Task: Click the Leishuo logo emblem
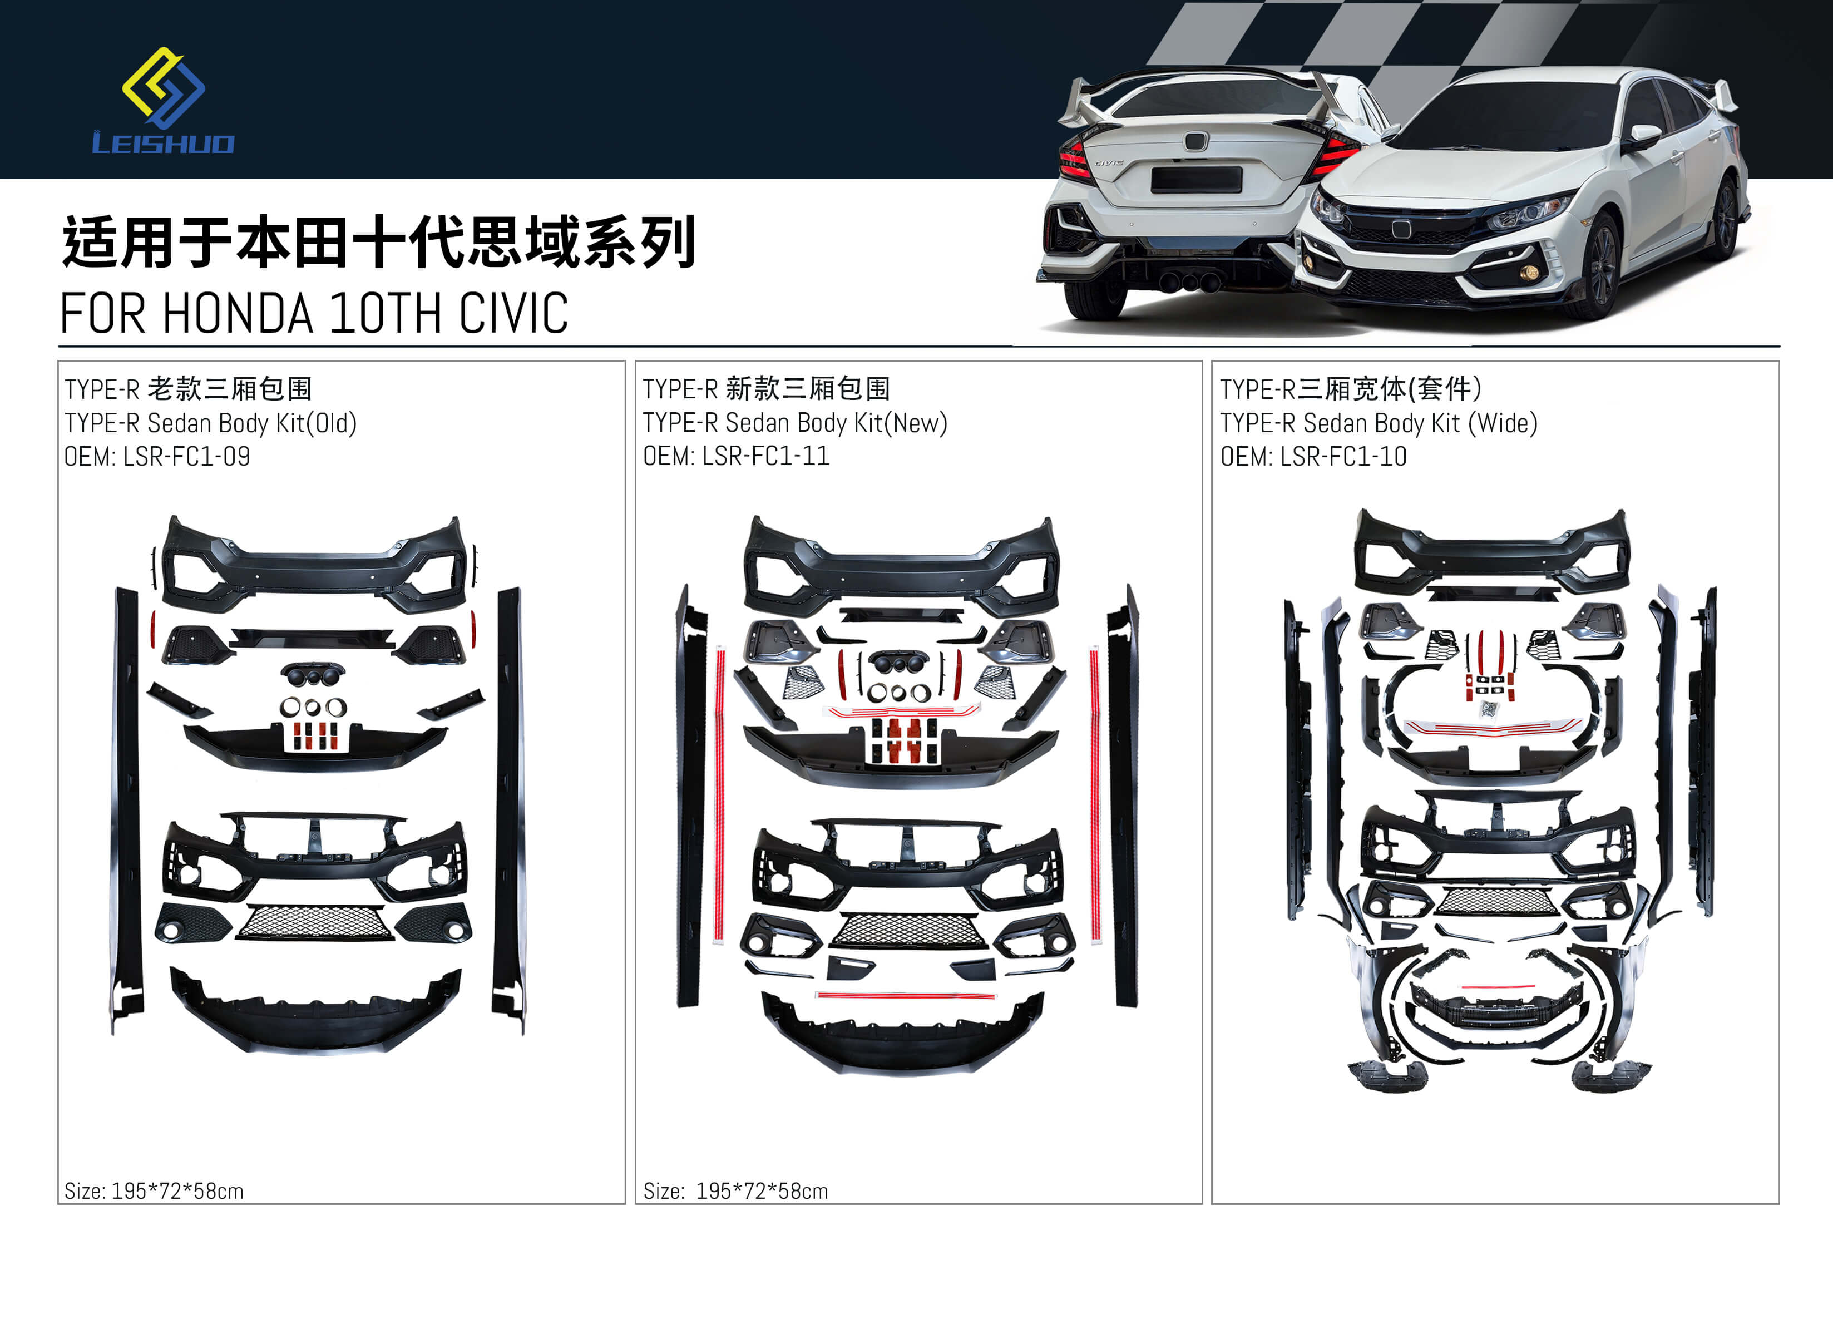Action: tap(163, 87)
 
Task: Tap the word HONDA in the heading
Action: tap(238, 314)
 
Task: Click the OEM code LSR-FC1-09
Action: tap(187, 457)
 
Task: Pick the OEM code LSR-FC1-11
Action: tap(765, 457)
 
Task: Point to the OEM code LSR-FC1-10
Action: tap(1343, 457)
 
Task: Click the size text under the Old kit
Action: tap(154, 1191)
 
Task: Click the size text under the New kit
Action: tap(735, 1191)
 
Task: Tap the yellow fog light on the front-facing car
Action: tap(1528, 272)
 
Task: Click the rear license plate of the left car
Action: tap(1196, 179)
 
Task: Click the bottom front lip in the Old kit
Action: tap(315, 1011)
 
